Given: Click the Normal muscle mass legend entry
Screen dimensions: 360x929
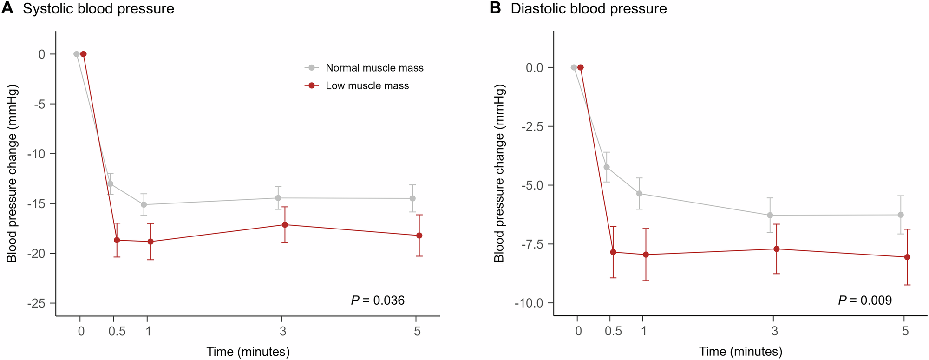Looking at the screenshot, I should pyautogui.click(x=374, y=68).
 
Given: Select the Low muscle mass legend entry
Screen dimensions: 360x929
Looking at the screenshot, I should pyautogui.click(x=367, y=85).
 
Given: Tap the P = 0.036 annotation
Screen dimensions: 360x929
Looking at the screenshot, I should pyautogui.click(x=378, y=301).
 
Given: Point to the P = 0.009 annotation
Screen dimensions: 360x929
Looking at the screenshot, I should pyautogui.click(x=865, y=301).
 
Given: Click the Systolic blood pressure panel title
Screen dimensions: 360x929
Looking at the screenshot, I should pyautogui.click(x=98, y=9).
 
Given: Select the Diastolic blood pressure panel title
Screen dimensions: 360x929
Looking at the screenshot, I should pyautogui.click(x=589, y=9).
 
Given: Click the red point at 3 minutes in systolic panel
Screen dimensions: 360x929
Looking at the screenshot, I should pyautogui.click(x=285, y=225).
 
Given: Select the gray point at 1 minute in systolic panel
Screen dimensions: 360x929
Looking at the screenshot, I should pyautogui.click(x=144, y=204).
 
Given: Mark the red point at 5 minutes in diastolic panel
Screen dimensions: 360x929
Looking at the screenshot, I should pyautogui.click(x=907, y=257).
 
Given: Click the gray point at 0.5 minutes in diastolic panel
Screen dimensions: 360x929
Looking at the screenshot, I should pyautogui.click(x=607, y=167).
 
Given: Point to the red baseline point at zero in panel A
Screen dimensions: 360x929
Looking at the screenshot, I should pyautogui.click(x=83, y=54).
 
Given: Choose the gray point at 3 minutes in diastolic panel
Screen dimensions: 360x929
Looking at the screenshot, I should pyautogui.click(x=770, y=215).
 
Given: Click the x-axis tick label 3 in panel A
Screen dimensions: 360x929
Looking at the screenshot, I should pyautogui.click(x=282, y=331).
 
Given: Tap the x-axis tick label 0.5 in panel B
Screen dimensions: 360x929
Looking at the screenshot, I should pyautogui.click(x=613, y=331).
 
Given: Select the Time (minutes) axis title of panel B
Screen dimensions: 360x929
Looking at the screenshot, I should pyautogui.click(x=740, y=352).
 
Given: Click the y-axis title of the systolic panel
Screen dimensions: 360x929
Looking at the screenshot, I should pyautogui.click(x=12, y=173).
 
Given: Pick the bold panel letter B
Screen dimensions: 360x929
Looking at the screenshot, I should pyautogui.click(x=495, y=8).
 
